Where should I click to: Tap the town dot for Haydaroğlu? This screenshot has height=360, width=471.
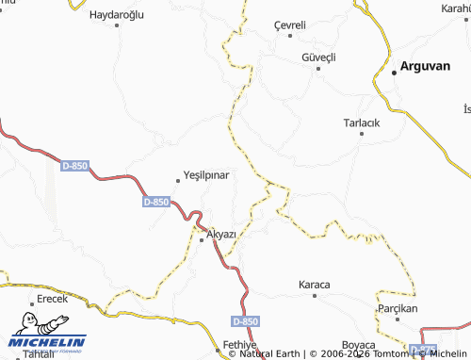(x=118, y=25)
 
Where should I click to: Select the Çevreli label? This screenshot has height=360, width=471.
(x=290, y=25)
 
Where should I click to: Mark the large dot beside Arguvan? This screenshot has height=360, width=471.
(x=394, y=73)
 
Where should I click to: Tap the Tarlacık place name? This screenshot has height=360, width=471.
(x=362, y=123)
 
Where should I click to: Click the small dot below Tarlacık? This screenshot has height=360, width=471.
(x=363, y=135)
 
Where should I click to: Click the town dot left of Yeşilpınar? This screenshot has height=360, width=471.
(x=179, y=181)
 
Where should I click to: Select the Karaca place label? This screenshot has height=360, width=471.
(x=315, y=284)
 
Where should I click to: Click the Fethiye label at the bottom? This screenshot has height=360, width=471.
(x=243, y=346)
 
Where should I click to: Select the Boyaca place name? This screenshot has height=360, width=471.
(x=359, y=345)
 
